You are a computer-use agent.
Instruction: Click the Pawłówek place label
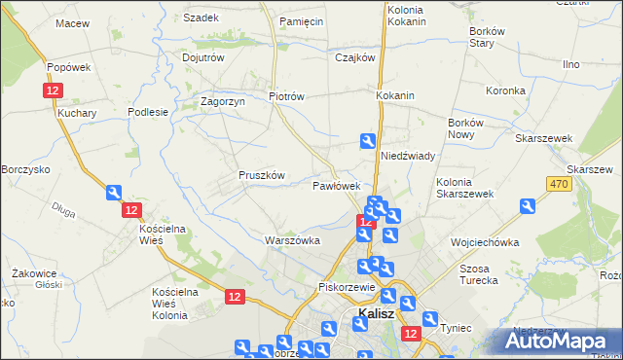tap(337, 185)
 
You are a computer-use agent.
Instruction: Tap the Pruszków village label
tap(261, 175)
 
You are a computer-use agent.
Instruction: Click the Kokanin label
tap(395, 96)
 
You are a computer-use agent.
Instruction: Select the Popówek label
tap(68, 67)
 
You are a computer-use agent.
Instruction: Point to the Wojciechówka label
tap(483, 241)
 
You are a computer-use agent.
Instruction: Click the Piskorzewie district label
tap(347, 288)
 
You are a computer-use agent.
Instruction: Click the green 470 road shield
tap(558, 184)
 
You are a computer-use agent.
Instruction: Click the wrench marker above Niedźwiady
tap(367, 140)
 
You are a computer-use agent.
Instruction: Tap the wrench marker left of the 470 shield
tap(527, 206)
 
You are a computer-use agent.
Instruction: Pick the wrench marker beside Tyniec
tap(429, 318)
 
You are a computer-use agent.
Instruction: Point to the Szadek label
tap(201, 18)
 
